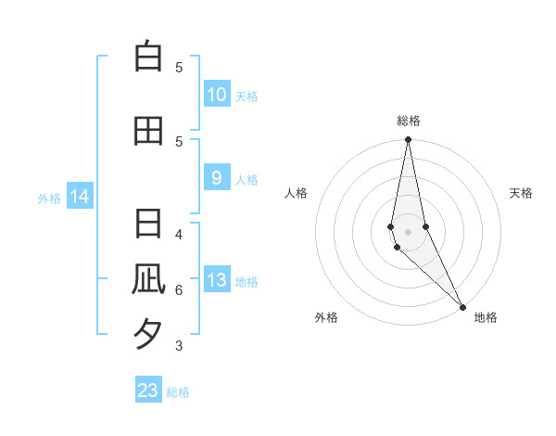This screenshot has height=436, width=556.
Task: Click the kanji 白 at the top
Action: tap(148, 58)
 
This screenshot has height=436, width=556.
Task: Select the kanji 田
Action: tap(148, 131)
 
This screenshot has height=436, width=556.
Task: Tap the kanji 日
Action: tap(148, 225)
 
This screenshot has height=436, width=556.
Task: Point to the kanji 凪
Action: tap(148, 280)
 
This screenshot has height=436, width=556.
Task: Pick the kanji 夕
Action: tap(148, 334)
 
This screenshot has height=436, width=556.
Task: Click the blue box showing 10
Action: tap(216, 95)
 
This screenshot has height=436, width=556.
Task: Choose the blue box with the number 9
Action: tap(216, 178)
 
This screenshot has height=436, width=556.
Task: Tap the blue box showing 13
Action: tap(216, 280)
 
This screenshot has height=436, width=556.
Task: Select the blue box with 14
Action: tap(80, 197)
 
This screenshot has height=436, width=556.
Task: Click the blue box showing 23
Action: tap(148, 391)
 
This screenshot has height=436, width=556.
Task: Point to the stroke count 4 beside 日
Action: tap(179, 233)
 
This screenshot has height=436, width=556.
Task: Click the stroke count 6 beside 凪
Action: tap(179, 289)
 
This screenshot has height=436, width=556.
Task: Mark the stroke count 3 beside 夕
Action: tap(179, 346)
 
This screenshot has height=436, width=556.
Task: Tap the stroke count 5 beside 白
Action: tap(179, 67)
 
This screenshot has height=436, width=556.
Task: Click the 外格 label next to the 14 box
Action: tap(48, 198)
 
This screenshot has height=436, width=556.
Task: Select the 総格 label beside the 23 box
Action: tap(178, 392)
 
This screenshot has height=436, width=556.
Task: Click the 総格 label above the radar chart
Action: tap(408, 121)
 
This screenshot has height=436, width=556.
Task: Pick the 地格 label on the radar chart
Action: tap(486, 317)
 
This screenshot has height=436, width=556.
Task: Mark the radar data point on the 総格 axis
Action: tap(408, 140)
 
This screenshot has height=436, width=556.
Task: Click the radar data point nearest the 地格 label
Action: tap(463, 306)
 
